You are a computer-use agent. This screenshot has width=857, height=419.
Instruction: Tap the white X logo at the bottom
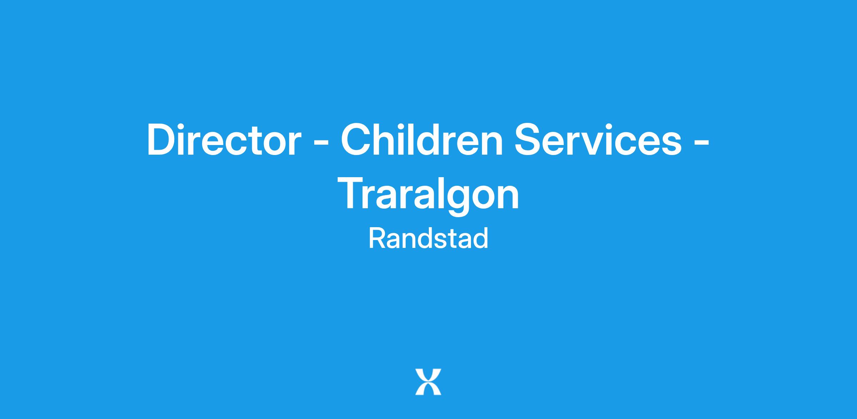428,382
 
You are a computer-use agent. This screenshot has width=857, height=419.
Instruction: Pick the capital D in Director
162,140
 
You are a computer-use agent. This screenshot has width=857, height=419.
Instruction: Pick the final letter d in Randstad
481,239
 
